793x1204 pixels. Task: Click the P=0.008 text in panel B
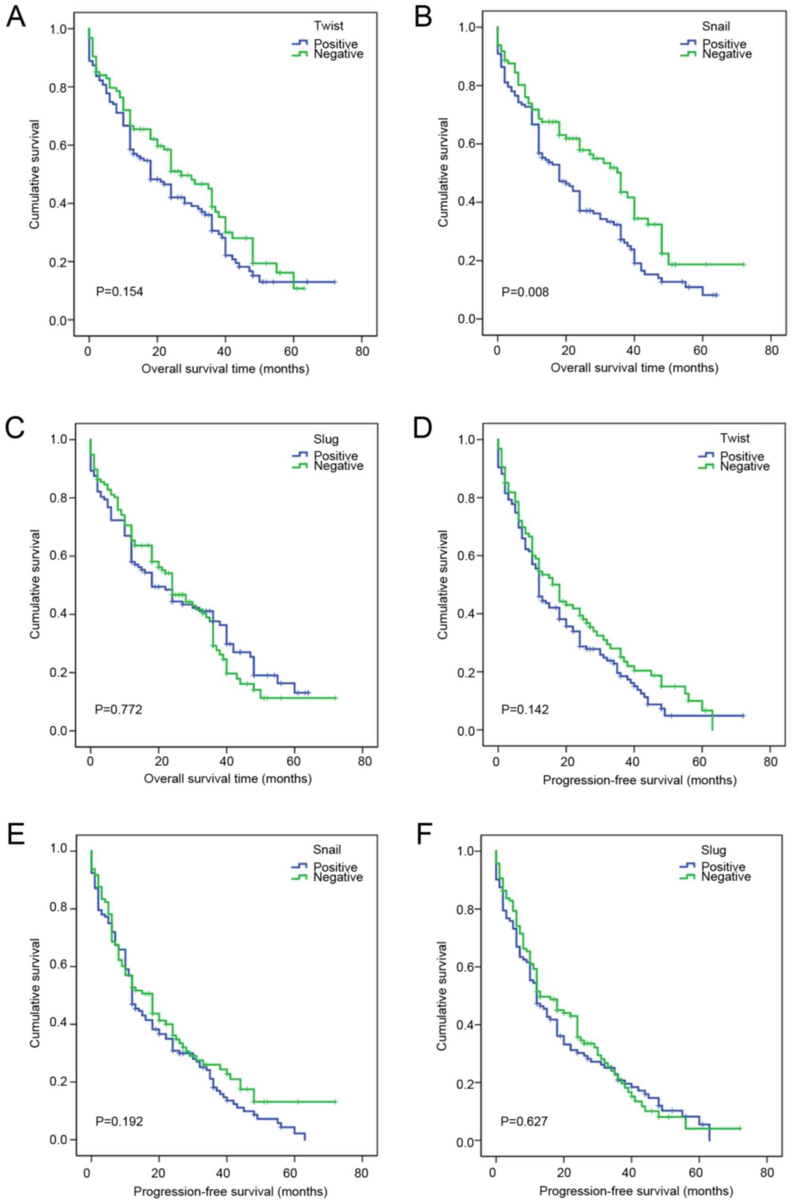click(x=525, y=292)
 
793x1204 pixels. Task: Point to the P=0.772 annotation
click(x=119, y=710)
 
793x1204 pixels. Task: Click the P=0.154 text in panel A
click(x=119, y=292)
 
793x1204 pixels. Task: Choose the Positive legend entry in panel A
click(x=335, y=44)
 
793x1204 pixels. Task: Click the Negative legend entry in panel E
click(x=338, y=877)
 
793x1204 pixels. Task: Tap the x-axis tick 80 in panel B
click(x=771, y=351)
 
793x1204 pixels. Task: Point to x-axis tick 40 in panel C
click(x=227, y=761)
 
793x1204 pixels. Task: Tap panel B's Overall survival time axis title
click(x=634, y=368)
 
